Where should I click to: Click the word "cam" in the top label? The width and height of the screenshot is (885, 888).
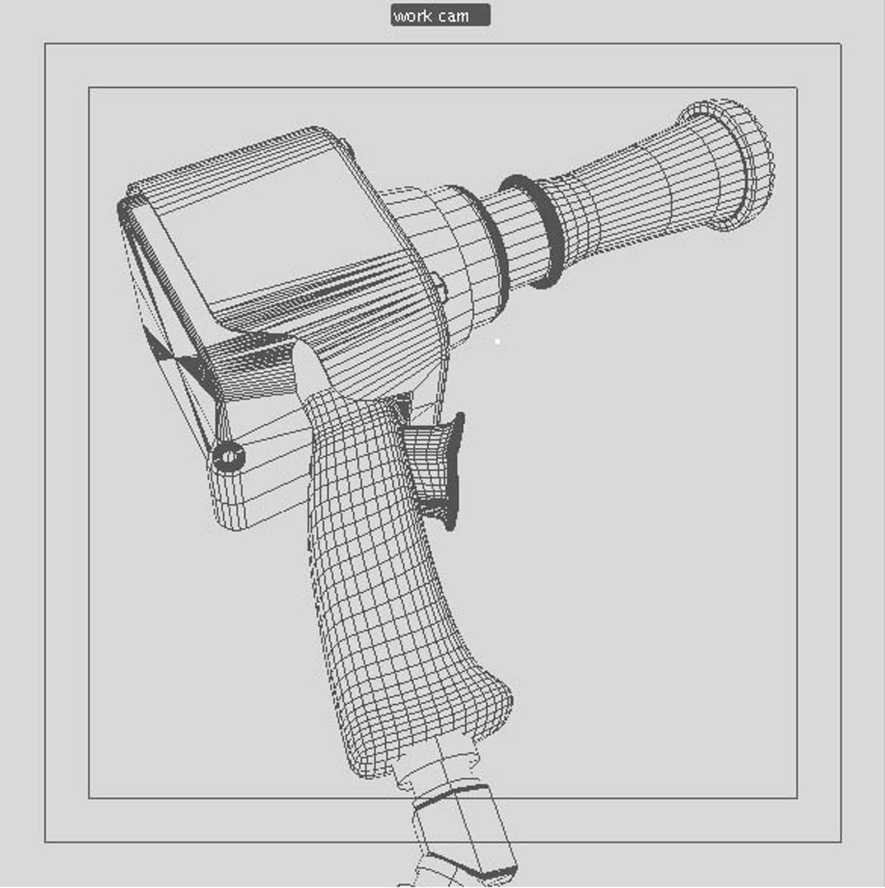pyautogui.click(x=453, y=16)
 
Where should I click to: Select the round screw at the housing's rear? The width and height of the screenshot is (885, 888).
pyautogui.click(x=228, y=456)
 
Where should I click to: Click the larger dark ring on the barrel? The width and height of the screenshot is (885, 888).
pyautogui.click(x=535, y=231)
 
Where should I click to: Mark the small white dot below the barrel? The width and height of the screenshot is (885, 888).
pyautogui.click(x=497, y=341)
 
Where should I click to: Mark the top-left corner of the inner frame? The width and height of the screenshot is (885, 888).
pyautogui.click(x=89, y=87)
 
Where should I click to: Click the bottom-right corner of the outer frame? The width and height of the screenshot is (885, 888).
pyautogui.click(x=841, y=842)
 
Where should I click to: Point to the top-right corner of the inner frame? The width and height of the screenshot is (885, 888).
pyautogui.click(x=796, y=87)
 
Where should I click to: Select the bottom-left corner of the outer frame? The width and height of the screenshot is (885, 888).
pyautogui.click(x=45, y=842)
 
